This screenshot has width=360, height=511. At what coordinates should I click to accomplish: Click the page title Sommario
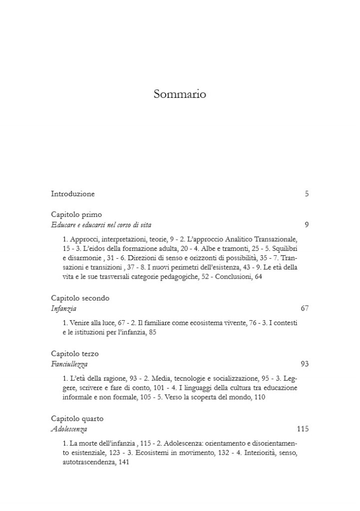click(180, 94)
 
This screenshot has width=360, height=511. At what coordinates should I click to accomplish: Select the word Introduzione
click(73, 194)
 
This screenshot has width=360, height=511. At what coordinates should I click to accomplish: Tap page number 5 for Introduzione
click(307, 194)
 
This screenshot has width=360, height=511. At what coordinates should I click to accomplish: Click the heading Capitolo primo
click(76, 215)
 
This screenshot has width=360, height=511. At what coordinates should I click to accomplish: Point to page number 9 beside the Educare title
click(307, 225)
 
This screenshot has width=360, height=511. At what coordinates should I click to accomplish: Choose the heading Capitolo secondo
click(80, 298)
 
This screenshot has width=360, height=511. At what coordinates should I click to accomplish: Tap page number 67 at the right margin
click(305, 308)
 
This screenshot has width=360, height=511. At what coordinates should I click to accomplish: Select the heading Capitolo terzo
click(75, 354)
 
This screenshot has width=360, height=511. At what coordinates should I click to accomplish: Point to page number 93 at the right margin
click(305, 364)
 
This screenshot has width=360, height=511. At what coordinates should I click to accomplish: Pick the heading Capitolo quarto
click(77, 419)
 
